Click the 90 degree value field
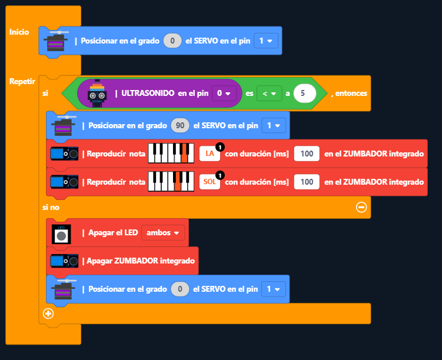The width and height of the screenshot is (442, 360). (x=180, y=125)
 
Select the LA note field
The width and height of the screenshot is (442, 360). (x=210, y=154)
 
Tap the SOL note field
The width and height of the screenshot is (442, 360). (x=210, y=182)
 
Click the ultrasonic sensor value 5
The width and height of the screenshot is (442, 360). (x=303, y=93)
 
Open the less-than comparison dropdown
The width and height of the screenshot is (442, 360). (x=269, y=93)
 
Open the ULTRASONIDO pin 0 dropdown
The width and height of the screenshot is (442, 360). (x=224, y=93)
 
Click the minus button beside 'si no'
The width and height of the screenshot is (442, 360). (x=361, y=207)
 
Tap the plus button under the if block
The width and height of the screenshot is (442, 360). (x=48, y=313)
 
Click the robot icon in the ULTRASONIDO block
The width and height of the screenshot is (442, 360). (x=97, y=94)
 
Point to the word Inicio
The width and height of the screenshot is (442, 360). (x=19, y=32)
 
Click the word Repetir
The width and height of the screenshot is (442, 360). (x=22, y=81)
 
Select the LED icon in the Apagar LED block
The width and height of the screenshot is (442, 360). (x=61, y=234)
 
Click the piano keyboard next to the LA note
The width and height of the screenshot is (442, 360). (x=171, y=154)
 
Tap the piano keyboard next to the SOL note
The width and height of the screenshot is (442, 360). (x=171, y=182)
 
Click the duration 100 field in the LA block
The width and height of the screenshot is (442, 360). (x=307, y=154)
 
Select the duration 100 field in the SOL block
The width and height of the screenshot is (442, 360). (x=307, y=182)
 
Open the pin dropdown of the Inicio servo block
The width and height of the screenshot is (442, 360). (x=266, y=41)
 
